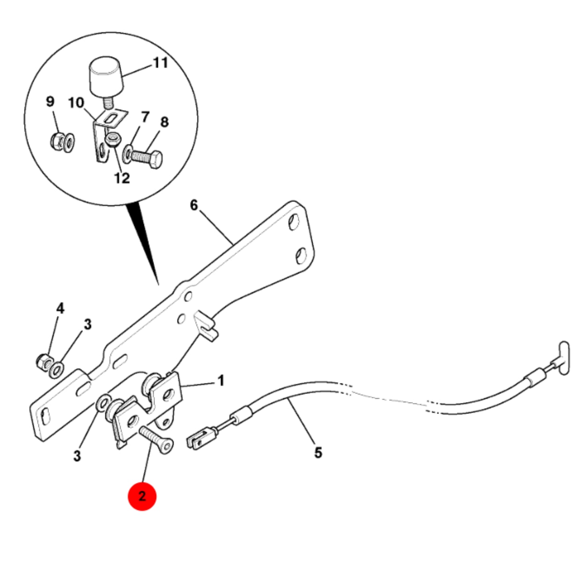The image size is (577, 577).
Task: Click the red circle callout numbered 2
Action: [142, 496]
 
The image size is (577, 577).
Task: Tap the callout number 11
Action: [161, 63]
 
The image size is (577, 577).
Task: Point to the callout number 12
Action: [122, 178]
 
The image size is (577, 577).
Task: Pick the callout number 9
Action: [50, 101]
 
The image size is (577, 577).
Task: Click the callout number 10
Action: [76, 103]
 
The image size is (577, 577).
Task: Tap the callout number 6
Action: [194, 205]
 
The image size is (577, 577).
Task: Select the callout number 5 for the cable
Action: [318, 452]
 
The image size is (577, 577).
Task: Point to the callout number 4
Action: [60, 308]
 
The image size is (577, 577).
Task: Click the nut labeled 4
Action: [43, 362]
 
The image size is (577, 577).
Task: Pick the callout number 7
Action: [145, 117]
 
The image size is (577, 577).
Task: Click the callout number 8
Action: [165, 122]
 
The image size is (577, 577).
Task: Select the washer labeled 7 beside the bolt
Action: [127, 154]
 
